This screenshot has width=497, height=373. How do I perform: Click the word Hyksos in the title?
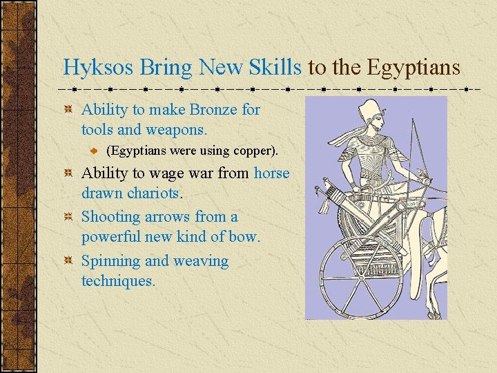coord(99,68)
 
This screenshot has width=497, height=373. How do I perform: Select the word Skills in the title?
coord(275,68)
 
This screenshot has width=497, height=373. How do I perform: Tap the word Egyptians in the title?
coord(413,68)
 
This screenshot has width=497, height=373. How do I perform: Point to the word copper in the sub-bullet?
coord(253,150)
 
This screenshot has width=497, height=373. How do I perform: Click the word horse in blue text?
coord(271,173)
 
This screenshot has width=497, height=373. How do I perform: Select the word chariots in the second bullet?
coord(153,193)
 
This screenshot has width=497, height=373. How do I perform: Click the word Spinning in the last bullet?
coord(111,261)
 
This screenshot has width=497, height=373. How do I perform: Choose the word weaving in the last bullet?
coord(201,261)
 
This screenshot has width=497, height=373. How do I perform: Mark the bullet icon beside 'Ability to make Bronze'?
coord(68,110)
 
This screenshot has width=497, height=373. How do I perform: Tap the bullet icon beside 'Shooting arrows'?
coord(68,218)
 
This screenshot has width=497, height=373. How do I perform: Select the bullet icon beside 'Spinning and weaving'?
coord(68,262)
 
